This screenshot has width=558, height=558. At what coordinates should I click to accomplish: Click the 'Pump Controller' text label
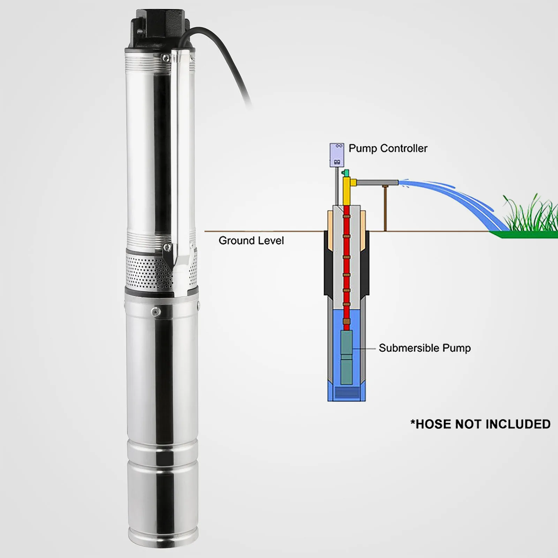point(388,149)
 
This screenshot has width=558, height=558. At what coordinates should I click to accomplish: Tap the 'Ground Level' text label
point(251,241)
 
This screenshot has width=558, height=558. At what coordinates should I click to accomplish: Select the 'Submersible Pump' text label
point(424,348)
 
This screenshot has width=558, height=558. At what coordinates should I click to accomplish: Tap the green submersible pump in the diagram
point(347,357)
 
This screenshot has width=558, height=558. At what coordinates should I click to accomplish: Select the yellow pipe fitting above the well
point(347,190)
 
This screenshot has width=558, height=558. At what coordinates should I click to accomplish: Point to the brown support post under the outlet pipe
point(385,209)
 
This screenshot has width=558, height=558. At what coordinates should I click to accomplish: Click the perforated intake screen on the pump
point(146,270)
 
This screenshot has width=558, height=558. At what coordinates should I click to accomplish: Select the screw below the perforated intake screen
point(156,311)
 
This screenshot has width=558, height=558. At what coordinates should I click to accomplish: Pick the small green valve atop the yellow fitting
point(346,173)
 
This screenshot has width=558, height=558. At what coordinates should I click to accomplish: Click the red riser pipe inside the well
point(346,265)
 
